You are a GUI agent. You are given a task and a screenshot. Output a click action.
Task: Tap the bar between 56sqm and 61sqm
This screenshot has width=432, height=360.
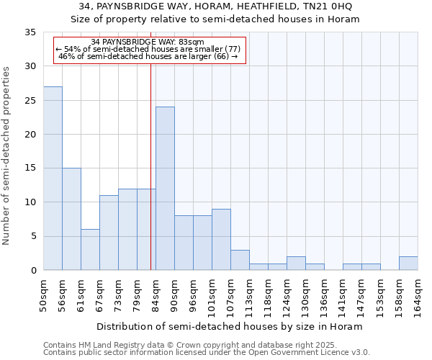tap(71, 219)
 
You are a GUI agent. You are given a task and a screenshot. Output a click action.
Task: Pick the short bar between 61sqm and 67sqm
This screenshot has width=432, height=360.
tap(90, 250)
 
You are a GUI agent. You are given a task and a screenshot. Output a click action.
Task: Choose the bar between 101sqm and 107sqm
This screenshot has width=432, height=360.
tap(221, 240)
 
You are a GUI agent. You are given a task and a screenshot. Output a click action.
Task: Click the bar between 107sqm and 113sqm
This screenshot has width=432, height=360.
tap(240, 260)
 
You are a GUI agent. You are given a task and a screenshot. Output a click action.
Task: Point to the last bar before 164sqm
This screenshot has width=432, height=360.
tap(408, 264)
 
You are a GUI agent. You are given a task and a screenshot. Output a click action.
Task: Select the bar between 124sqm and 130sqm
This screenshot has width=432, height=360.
tap(296, 264)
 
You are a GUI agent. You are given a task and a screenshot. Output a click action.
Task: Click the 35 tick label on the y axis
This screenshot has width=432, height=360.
tap(30, 32)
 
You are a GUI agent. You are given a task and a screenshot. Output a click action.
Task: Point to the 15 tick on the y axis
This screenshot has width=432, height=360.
tap(30, 168)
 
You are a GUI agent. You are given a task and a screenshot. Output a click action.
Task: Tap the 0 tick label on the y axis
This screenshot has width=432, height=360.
tap(33, 271)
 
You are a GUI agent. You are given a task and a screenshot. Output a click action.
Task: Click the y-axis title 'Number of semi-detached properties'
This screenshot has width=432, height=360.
tap(7, 156)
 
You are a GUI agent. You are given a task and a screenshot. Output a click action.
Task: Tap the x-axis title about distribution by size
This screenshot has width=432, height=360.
tap(230, 326)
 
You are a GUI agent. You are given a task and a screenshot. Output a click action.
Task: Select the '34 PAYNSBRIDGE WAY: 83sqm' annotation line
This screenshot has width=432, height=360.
tap(148, 42)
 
